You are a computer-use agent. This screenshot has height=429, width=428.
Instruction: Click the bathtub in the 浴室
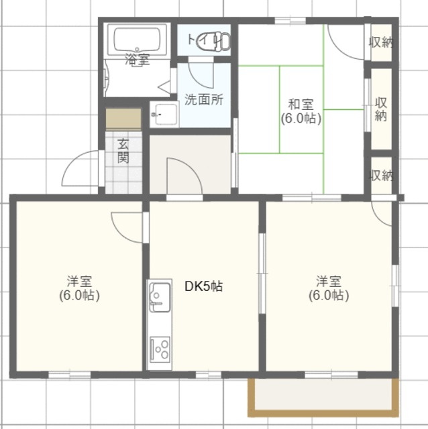click(x=137, y=40)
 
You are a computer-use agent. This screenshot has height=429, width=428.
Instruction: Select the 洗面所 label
click(x=204, y=100)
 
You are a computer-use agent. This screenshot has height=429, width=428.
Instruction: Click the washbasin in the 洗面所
click(x=164, y=114)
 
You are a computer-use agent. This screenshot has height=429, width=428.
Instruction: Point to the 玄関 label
click(x=123, y=151)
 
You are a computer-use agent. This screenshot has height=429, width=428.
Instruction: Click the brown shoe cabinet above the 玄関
click(x=123, y=119)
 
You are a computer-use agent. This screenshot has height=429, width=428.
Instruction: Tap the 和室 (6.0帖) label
click(x=301, y=112)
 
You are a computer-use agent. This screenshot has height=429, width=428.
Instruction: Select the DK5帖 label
click(x=204, y=286)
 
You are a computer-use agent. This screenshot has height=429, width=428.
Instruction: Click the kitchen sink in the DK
click(x=160, y=297)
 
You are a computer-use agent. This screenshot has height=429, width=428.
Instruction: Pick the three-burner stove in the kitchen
click(x=160, y=349)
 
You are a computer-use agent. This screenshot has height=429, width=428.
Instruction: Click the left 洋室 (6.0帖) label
click(x=79, y=288)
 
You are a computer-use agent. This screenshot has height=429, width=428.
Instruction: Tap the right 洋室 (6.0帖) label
click(x=329, y=288)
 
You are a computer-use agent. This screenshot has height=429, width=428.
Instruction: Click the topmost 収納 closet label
click(x=382, y=42)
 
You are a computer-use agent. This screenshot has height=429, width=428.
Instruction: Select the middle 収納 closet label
click(x=381, y=109)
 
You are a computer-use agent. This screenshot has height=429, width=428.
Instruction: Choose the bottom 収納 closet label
click(x=382, y=176)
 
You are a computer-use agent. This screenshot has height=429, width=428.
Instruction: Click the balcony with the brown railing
click(x=323, y=397)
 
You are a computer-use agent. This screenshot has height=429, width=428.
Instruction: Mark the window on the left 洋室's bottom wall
click(x=70, y=375)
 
